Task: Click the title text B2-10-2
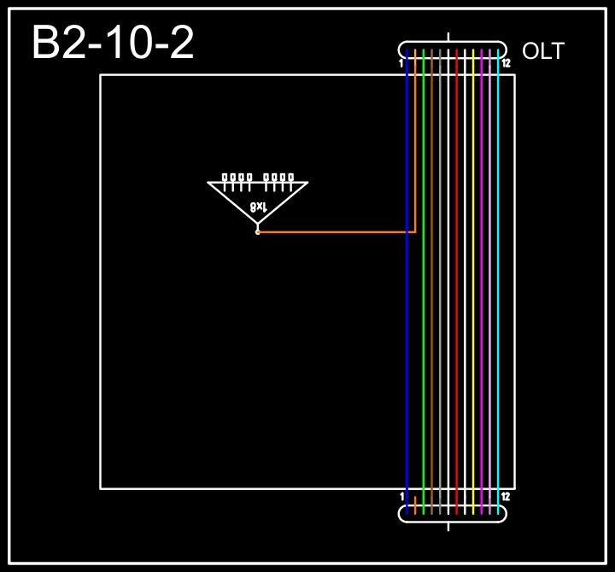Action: [x=113, y=43]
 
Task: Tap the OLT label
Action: [x=542, y=51]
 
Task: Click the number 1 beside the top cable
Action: [x=401, y=63]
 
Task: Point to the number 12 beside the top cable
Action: [x=506, y=63]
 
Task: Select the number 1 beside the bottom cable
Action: [x=401, y=496]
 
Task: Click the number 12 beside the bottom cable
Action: [x=506, y=496]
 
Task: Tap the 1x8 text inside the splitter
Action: [x=258, y=207]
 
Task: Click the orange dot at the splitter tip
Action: [x=257, y=231]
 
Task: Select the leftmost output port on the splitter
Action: [x=225, y=178]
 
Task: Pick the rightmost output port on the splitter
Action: [x=290, y=178]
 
